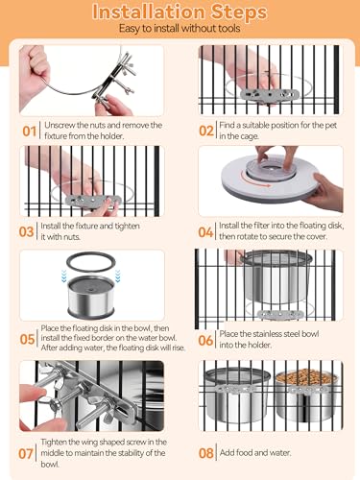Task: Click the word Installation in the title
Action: pyautogui.click(x=148, y=12)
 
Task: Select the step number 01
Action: pyautogui.click(x=29, y=132)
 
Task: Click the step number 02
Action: pyautogui.click(x=206, y=131)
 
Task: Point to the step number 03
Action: pyautogui.click(x=26, y=231)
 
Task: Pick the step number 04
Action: pyautogui.click(x=205, y=232)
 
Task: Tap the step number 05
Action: pyautogui.click(x=27, y=339)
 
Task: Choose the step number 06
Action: pyautogui.click(x=205, y=340)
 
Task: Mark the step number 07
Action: pyautogui.click(x=26, y=453)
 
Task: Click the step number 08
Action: pyautogui.click(x=206, y=453)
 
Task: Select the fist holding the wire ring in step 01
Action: pyautogui.click(x=35, y=75)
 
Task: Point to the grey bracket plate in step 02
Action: pyautogui.click(x=271, y=94)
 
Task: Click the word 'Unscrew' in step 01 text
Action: pyautogui.click(x=60, y=125)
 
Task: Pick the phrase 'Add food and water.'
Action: pyautogui.click(x=255, y=453)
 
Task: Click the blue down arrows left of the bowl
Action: pyautogui.click(x=64, y=276)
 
